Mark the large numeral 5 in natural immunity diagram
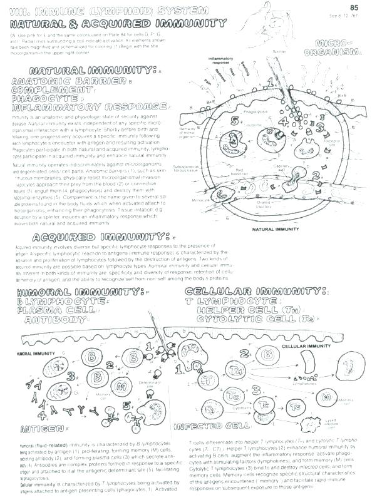234,121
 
